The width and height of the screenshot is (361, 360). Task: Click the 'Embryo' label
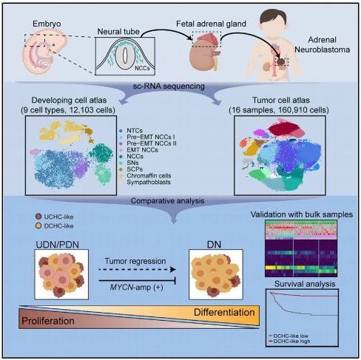47,24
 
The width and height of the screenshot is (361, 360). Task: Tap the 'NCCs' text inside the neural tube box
142,68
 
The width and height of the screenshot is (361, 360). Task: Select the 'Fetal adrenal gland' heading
211,24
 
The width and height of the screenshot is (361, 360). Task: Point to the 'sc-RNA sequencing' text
169,86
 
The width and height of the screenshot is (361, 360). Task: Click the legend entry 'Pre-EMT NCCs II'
152,143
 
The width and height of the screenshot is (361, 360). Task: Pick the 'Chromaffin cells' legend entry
149,176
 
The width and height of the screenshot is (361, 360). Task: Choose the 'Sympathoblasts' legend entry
149,182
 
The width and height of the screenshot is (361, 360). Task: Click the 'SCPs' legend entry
135,169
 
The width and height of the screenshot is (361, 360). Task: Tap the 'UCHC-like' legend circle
38,217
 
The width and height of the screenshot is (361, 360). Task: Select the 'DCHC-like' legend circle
38,225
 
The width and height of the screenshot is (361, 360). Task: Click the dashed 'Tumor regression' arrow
137,270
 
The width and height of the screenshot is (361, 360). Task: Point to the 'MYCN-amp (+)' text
136,288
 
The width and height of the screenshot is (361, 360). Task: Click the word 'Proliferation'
48,321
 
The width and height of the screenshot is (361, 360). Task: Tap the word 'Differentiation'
224,313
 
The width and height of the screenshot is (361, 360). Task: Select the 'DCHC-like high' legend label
291,342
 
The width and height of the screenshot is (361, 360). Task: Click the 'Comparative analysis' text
167,201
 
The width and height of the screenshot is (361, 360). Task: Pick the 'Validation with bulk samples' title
302,214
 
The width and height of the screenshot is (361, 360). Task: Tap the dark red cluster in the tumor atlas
284,129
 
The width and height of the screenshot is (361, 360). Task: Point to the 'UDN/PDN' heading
58,245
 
